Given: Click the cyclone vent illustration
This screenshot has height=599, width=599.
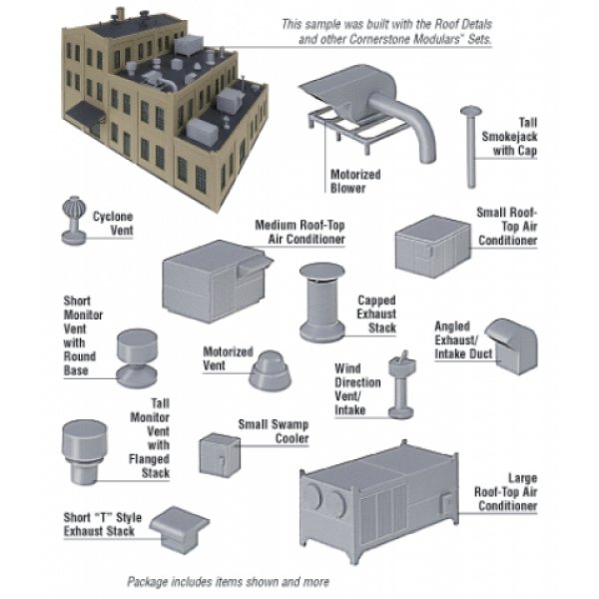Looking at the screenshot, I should pyautogui.click(x=74, y=221).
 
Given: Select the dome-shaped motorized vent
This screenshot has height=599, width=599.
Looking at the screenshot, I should pyautogui.click(x=270, y=372).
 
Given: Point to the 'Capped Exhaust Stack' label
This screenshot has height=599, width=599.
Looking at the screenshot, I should pyautogui.click(x=377, y=313).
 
